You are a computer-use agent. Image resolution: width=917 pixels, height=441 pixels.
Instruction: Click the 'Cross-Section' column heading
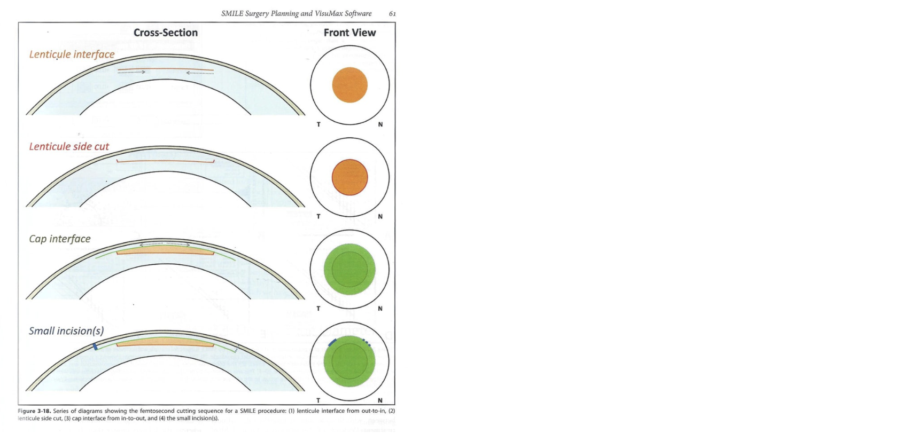point(166,33)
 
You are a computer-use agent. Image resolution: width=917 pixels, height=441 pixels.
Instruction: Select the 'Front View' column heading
point(349,33)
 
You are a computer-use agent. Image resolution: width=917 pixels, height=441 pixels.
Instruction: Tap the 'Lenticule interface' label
point(72,54)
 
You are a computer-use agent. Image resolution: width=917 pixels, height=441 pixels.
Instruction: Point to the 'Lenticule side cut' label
point(69,146)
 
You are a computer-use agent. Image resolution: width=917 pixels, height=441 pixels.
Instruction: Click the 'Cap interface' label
point(60,239)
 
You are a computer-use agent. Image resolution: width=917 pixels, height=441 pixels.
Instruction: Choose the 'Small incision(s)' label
point(66,331)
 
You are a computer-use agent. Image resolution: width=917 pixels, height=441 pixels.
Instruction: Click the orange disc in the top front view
point(350,85)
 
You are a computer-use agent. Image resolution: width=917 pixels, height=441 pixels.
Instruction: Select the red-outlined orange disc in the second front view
point(350,177)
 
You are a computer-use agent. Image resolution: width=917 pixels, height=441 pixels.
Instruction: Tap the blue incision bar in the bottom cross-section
point(95,346)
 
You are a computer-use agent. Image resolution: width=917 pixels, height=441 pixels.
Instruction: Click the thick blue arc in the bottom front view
point(332,342)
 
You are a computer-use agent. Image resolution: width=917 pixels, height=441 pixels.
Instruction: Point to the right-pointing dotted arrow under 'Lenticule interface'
point(131,72)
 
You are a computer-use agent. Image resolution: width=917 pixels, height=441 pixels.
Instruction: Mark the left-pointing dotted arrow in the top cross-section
point(200,73)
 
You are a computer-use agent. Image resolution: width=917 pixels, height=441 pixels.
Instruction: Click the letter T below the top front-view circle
point(318,124)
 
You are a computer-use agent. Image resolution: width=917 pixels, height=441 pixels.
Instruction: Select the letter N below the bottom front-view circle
point(380,400)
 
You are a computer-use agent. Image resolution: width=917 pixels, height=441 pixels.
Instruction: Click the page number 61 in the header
point(393,13)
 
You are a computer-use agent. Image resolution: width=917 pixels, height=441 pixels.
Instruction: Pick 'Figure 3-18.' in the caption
point(34,411)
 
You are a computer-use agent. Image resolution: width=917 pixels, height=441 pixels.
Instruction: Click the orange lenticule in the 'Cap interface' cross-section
point(165,250)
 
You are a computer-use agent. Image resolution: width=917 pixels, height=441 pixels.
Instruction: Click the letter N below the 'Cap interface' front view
point(380,309)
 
